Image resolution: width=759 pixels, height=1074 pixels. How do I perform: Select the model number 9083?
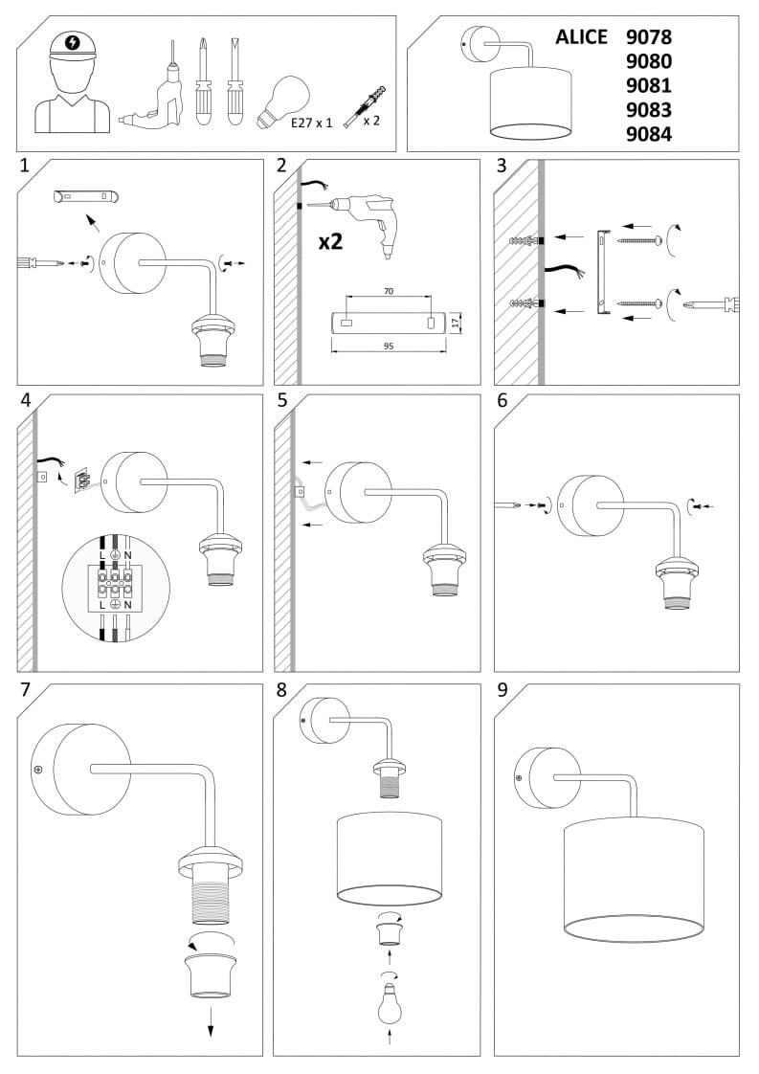pos(648,110)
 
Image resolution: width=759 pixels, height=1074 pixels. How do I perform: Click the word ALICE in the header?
pos(581,37)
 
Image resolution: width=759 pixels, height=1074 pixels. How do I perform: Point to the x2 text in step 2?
pos(330,240)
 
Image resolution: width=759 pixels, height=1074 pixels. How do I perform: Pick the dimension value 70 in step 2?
pos(389,289)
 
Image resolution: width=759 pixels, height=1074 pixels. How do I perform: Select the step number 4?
pos(26,400)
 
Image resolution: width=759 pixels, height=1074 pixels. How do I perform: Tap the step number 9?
pos(503,690)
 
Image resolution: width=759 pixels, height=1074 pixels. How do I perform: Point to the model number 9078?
pos(648,37)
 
